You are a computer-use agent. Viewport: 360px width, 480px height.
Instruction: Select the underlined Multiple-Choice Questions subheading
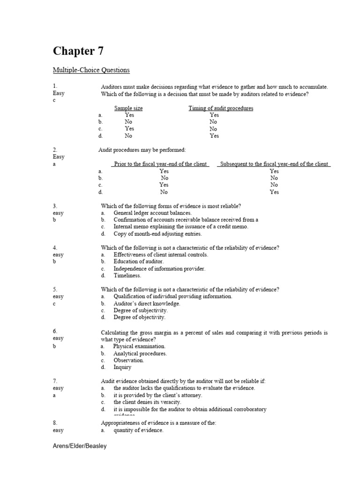tap(91, 70)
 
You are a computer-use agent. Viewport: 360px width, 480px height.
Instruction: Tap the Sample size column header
tap(128, 108)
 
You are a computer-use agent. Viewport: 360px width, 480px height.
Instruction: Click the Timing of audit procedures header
tap(221, 108)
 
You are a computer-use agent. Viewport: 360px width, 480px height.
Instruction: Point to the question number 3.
tap(55, 206)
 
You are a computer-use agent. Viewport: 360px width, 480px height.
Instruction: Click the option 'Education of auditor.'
tap(138, 262)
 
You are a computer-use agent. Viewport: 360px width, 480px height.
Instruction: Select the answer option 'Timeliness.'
tap(127, 276)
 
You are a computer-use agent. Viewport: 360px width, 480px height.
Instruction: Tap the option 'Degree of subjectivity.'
tap(140, 310)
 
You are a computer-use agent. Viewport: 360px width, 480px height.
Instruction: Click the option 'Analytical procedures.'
tap(140, 353)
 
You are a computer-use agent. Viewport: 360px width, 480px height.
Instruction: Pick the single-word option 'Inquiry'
tap(122, 367)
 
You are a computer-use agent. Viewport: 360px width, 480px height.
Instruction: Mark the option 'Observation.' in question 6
tap(128, 360)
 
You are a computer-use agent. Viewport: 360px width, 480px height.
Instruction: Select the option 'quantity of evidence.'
tap(138, 430)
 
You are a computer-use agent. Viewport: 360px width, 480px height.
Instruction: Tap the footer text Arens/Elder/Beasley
tap(79, 446)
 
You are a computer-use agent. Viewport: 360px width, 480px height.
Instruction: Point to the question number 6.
tap(55, 331)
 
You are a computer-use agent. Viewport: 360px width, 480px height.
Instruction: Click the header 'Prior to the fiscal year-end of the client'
tap(160, 164)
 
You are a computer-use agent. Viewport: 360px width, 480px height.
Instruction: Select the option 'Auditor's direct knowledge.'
tap(147, 303)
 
